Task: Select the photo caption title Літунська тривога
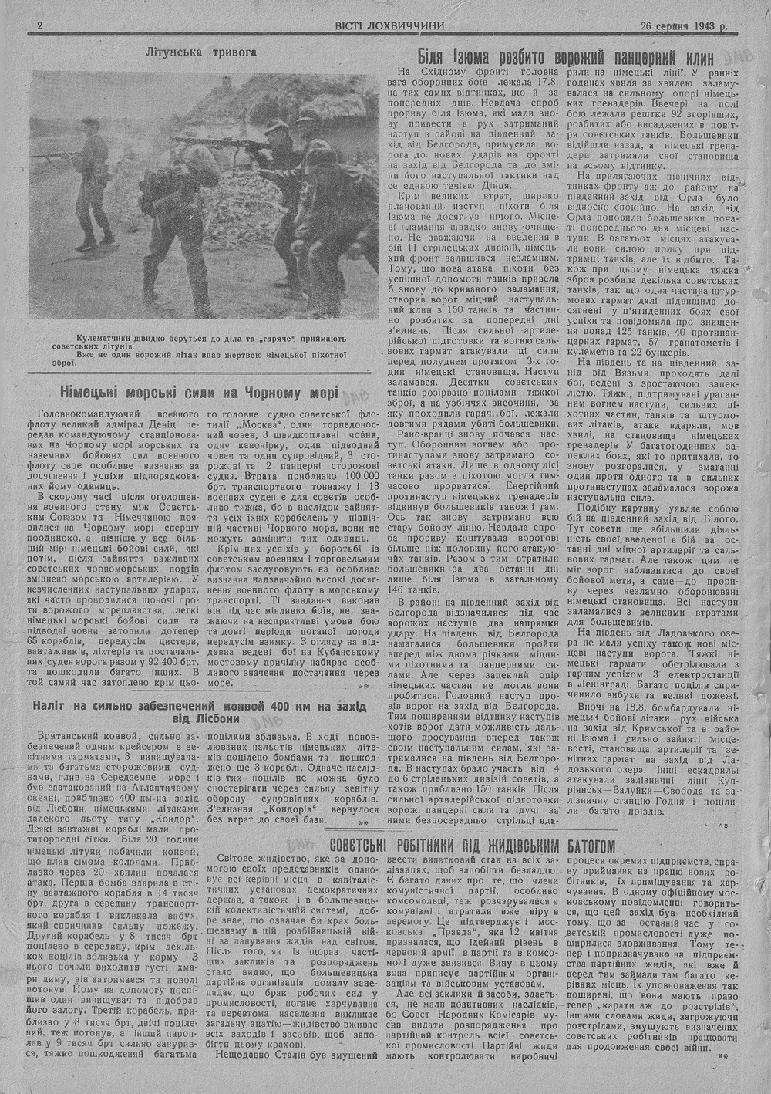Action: [x=200, y=53]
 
